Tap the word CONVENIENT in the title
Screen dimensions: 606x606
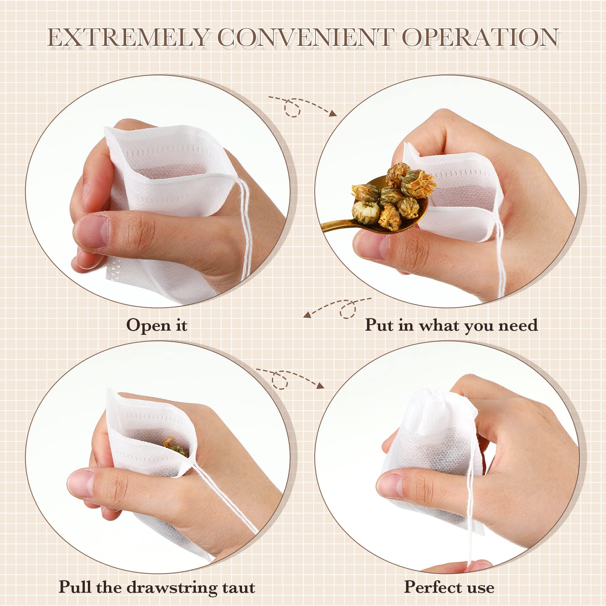click(x=305, y=38)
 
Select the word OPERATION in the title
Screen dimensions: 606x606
click(x=480, y=38)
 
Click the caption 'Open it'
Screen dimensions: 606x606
click(x=157, y=325)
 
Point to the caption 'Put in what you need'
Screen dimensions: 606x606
click(x=451, y=325)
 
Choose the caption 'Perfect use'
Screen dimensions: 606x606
click(x=449, y=587)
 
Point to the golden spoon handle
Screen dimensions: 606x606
click(x=337, y=225)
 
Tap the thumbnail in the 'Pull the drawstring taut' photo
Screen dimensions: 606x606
click(x=82, y=483)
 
